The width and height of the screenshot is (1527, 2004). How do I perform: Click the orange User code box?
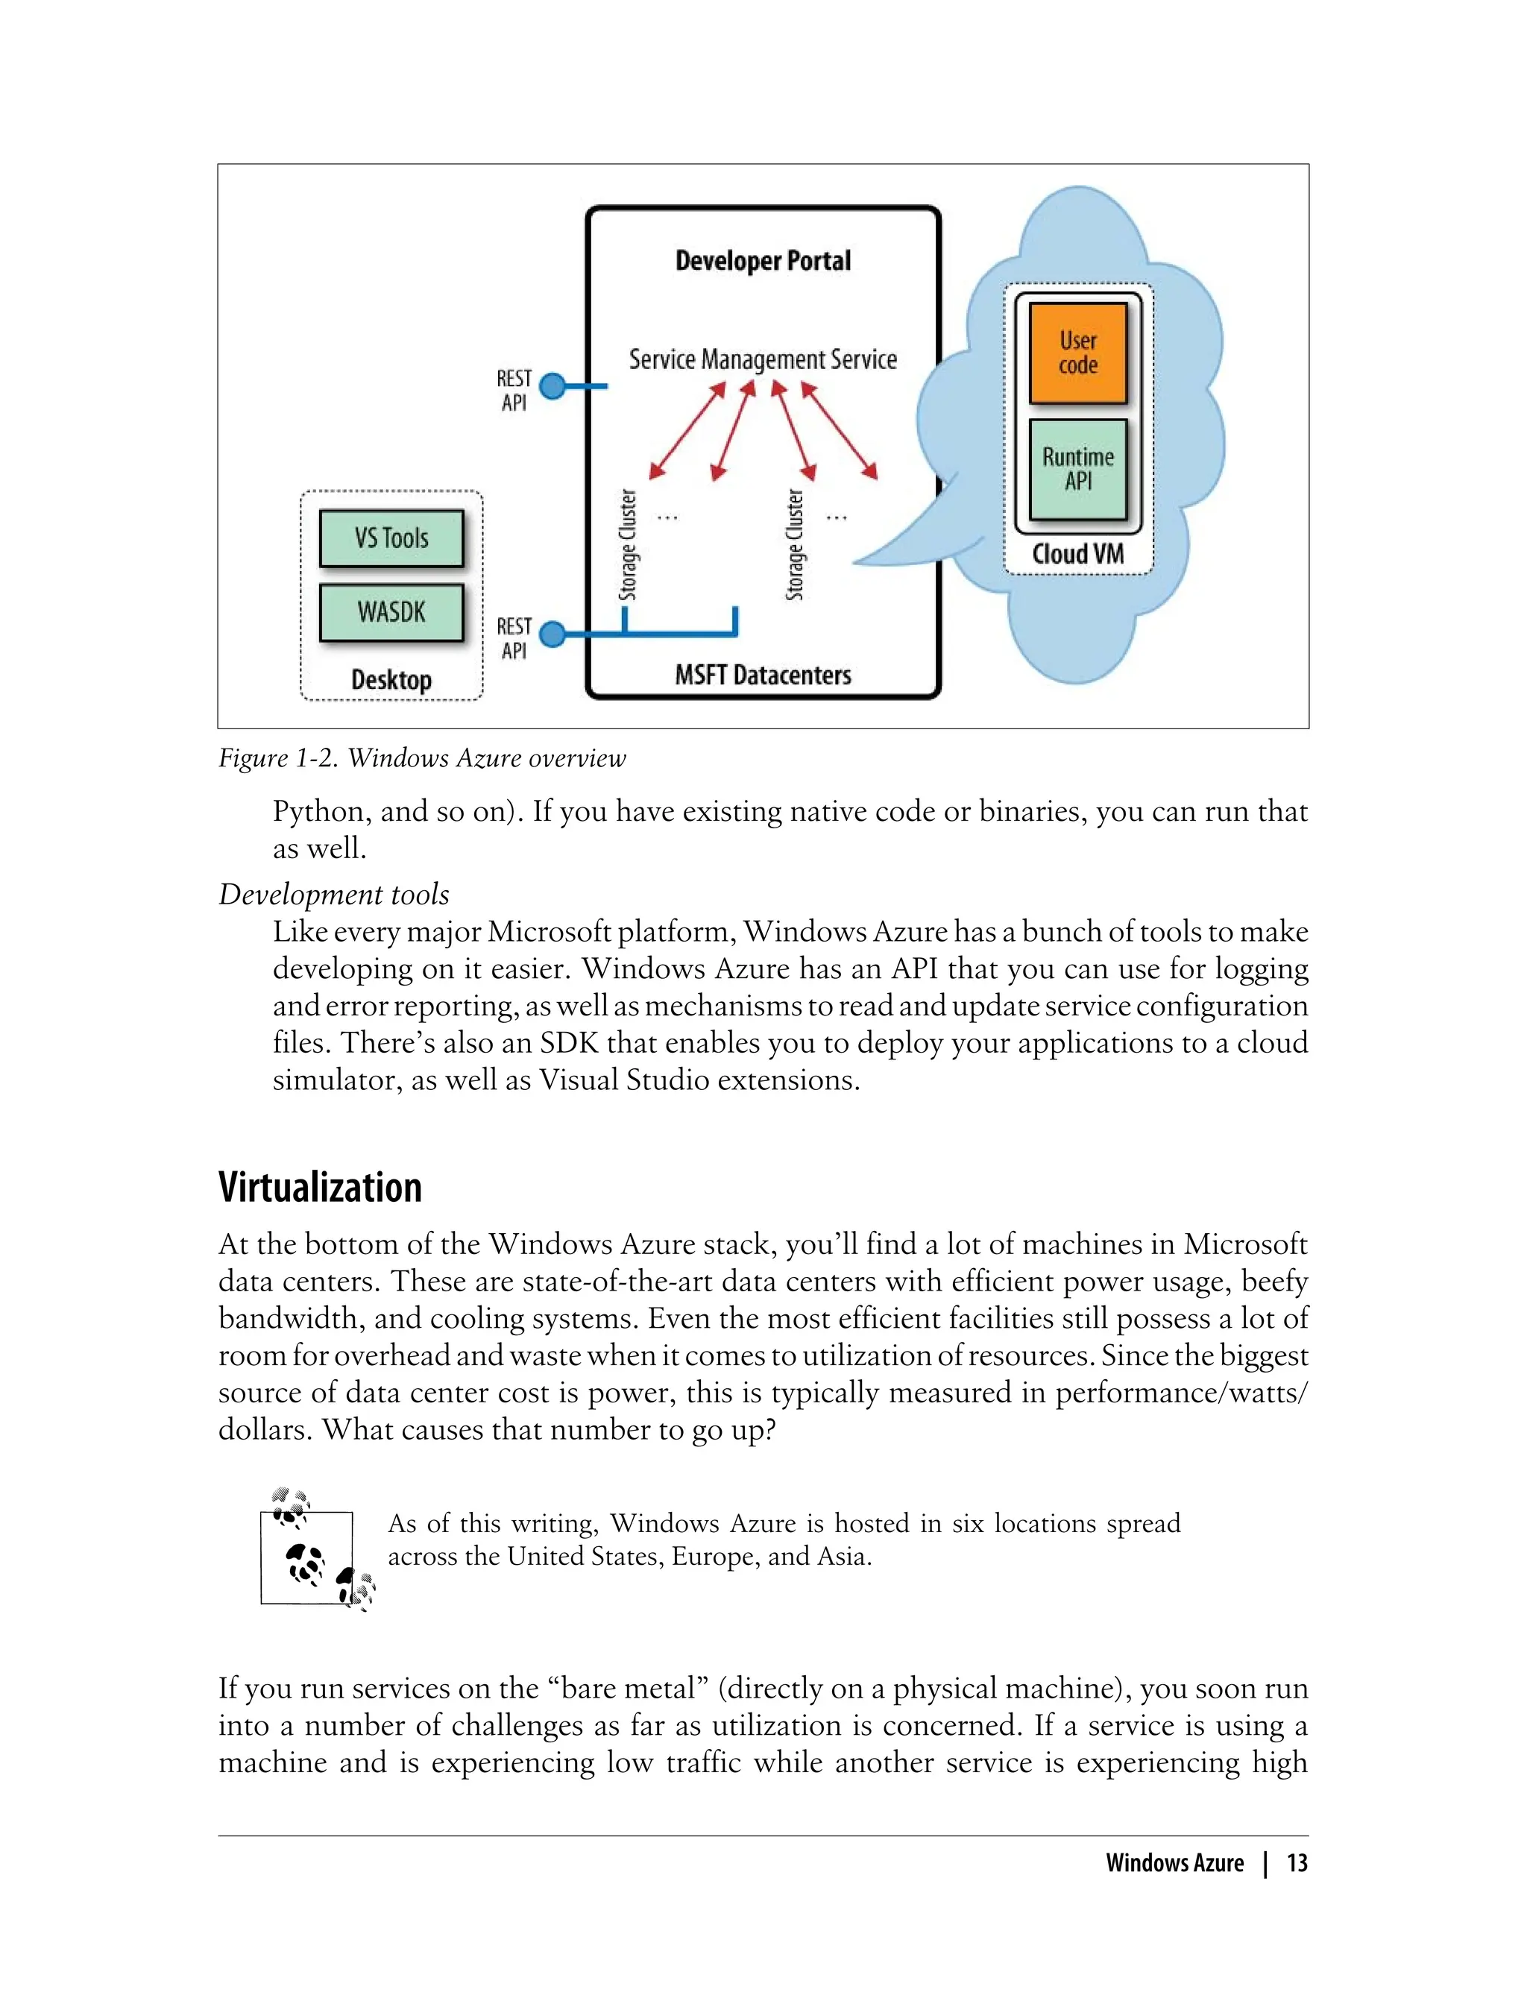1077,353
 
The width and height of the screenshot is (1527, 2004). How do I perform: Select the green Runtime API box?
1077,468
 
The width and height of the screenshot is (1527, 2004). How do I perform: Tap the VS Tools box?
391,538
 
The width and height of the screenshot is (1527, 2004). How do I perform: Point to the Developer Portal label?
763,261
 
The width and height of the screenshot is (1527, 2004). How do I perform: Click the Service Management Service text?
763,360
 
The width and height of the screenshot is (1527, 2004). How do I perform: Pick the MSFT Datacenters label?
763,675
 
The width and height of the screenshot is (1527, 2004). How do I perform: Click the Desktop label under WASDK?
391,680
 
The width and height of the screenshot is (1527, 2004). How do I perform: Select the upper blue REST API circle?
552,386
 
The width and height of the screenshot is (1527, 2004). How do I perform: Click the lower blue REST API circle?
552,634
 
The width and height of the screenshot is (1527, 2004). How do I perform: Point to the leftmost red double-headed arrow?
687,431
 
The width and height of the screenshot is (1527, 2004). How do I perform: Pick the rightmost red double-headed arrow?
839,431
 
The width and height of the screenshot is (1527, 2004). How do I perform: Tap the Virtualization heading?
320,1188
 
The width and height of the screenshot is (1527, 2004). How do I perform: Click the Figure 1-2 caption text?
422,758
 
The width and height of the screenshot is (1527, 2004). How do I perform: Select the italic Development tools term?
333,895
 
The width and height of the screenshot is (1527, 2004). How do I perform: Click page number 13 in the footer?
1297,1863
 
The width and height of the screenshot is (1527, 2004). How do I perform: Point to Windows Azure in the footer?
1174,1863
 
